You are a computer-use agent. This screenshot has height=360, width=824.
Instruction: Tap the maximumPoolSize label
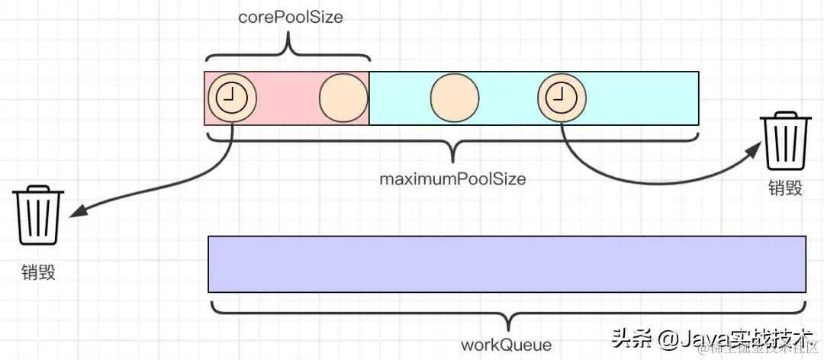[453, 180]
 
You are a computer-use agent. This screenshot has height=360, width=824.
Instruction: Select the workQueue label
[506, 345]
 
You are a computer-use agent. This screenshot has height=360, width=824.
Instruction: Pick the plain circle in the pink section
[343, 98]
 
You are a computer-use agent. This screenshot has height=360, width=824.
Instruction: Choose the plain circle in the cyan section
[455, 98]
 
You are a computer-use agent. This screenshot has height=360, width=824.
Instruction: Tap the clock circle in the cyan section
[562, 98]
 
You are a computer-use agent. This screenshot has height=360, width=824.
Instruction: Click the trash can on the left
[38, 217]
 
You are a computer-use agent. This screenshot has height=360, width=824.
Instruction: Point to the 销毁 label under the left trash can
[38, 272]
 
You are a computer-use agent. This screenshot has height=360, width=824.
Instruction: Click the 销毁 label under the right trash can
[785, 188]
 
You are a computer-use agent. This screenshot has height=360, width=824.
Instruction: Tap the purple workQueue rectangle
[507, 264]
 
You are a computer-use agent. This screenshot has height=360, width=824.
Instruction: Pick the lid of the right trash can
[786, 117]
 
